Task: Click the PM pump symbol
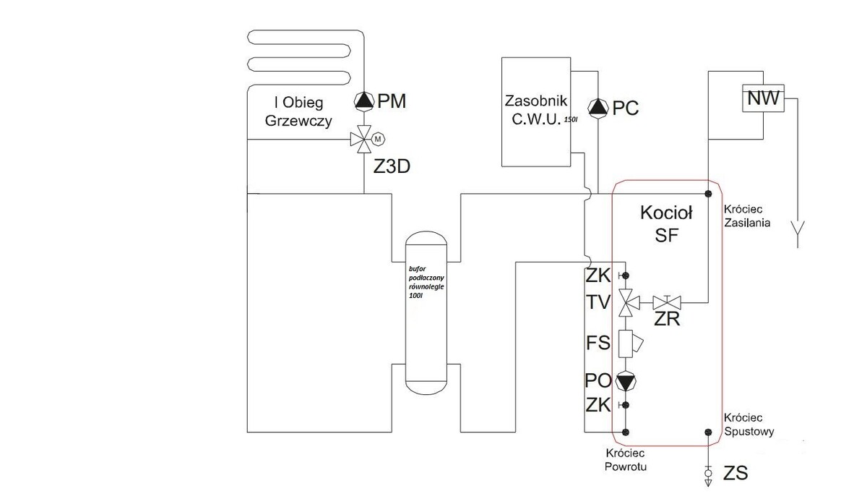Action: coord(363,101)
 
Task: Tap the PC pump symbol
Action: coord(598,108)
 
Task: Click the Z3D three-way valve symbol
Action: coord(362,138)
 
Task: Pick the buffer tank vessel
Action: coord(426,308)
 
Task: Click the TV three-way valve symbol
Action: coord(625,302)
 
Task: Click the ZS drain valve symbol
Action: coord(708,474)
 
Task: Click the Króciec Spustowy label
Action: coord(749,425)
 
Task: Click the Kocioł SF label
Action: coord(666,223)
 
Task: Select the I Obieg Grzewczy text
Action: coord(298,112)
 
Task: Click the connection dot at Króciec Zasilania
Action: coord(708,193)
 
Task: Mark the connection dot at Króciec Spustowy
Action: coord(708,432)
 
